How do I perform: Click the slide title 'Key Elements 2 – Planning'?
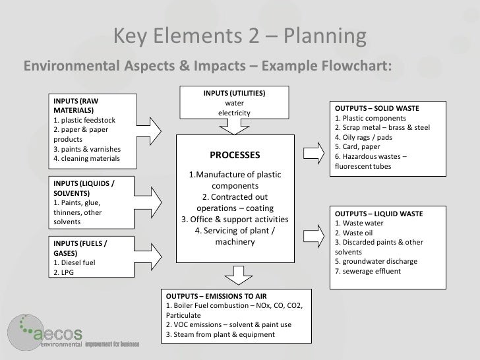[x=239, y=37]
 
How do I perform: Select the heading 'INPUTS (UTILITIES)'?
[x=234, y=93]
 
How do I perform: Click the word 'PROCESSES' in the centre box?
[x=235, y=156]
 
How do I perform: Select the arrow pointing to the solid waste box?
[x=311, y=150]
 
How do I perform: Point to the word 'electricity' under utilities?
[x=234, y=113]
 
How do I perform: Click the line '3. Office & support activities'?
[x=235, y=219]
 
